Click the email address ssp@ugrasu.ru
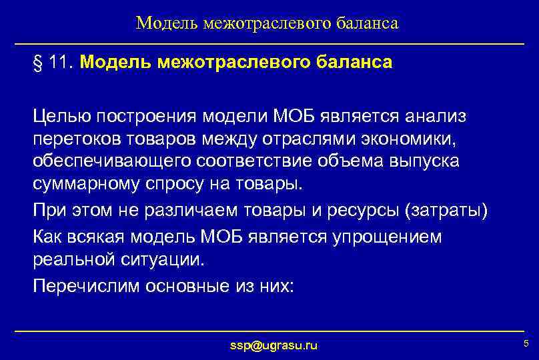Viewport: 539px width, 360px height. point(274,345)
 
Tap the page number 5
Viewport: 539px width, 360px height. point(526,343)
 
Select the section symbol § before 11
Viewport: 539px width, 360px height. point(37,63)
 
